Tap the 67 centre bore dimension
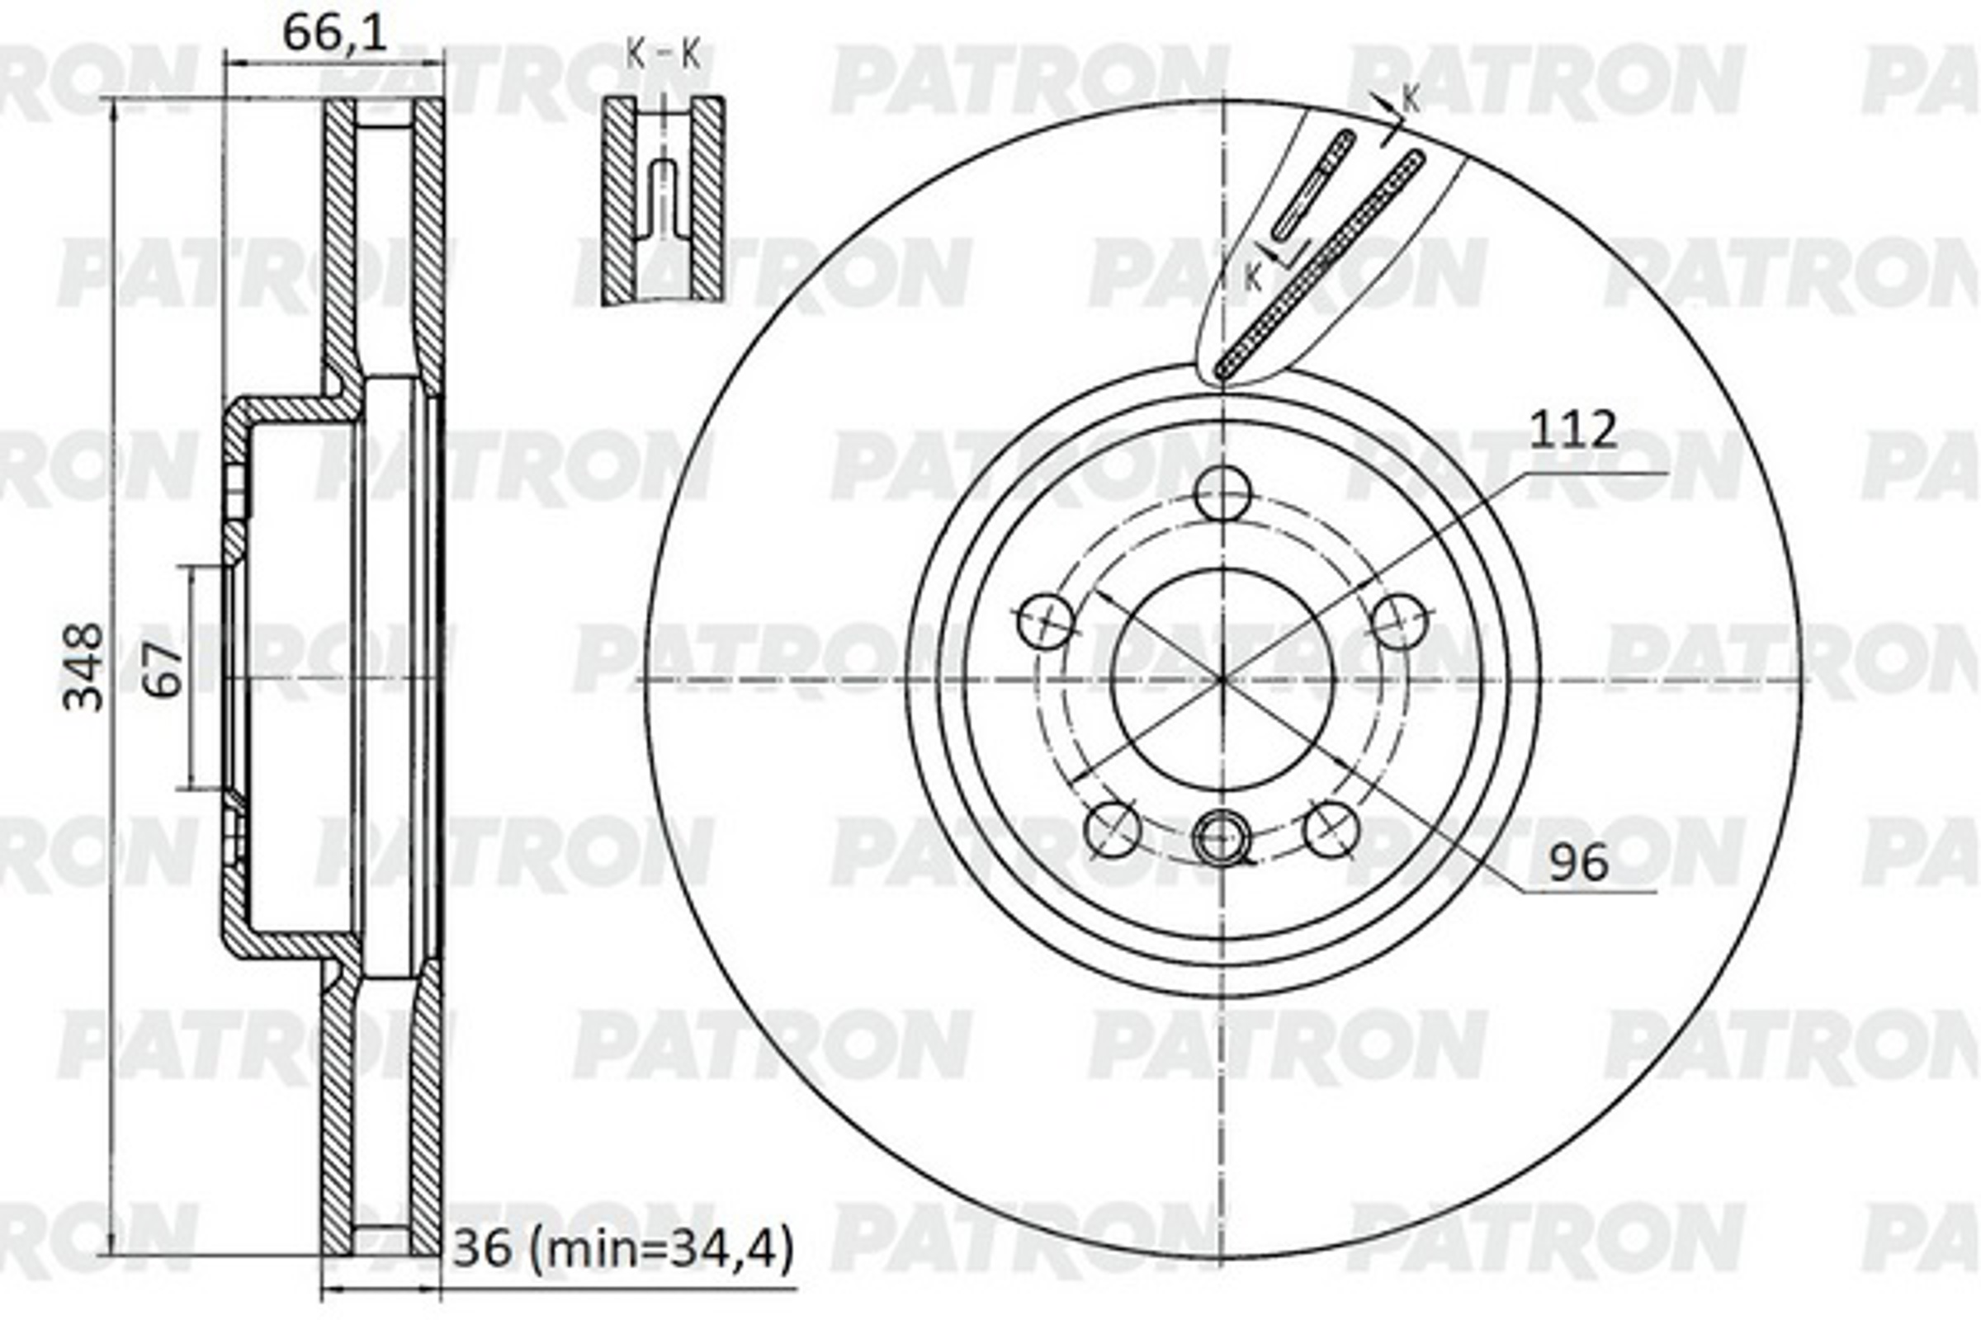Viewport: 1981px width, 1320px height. coord(165,668)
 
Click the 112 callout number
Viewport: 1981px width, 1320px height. coord(1572,430)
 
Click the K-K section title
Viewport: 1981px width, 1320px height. coord(663,56)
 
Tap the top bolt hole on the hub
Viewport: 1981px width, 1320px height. coord(1223,494)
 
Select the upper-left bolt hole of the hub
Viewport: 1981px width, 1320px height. coord(1046,621)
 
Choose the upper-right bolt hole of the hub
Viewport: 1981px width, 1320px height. coord(1399,621)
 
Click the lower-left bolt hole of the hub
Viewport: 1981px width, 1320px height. coord(1113,829)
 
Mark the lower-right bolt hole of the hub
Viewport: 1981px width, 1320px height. coord(1331,829)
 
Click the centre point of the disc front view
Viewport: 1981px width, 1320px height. coord(1222,678)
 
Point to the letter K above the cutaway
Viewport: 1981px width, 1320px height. coord(1411,100)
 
